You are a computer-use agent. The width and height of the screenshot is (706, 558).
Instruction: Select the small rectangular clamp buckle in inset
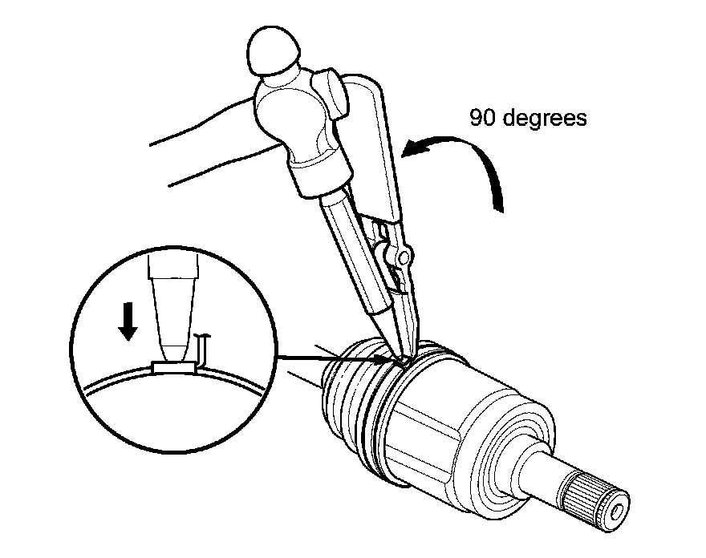click(x=174, y=368)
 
